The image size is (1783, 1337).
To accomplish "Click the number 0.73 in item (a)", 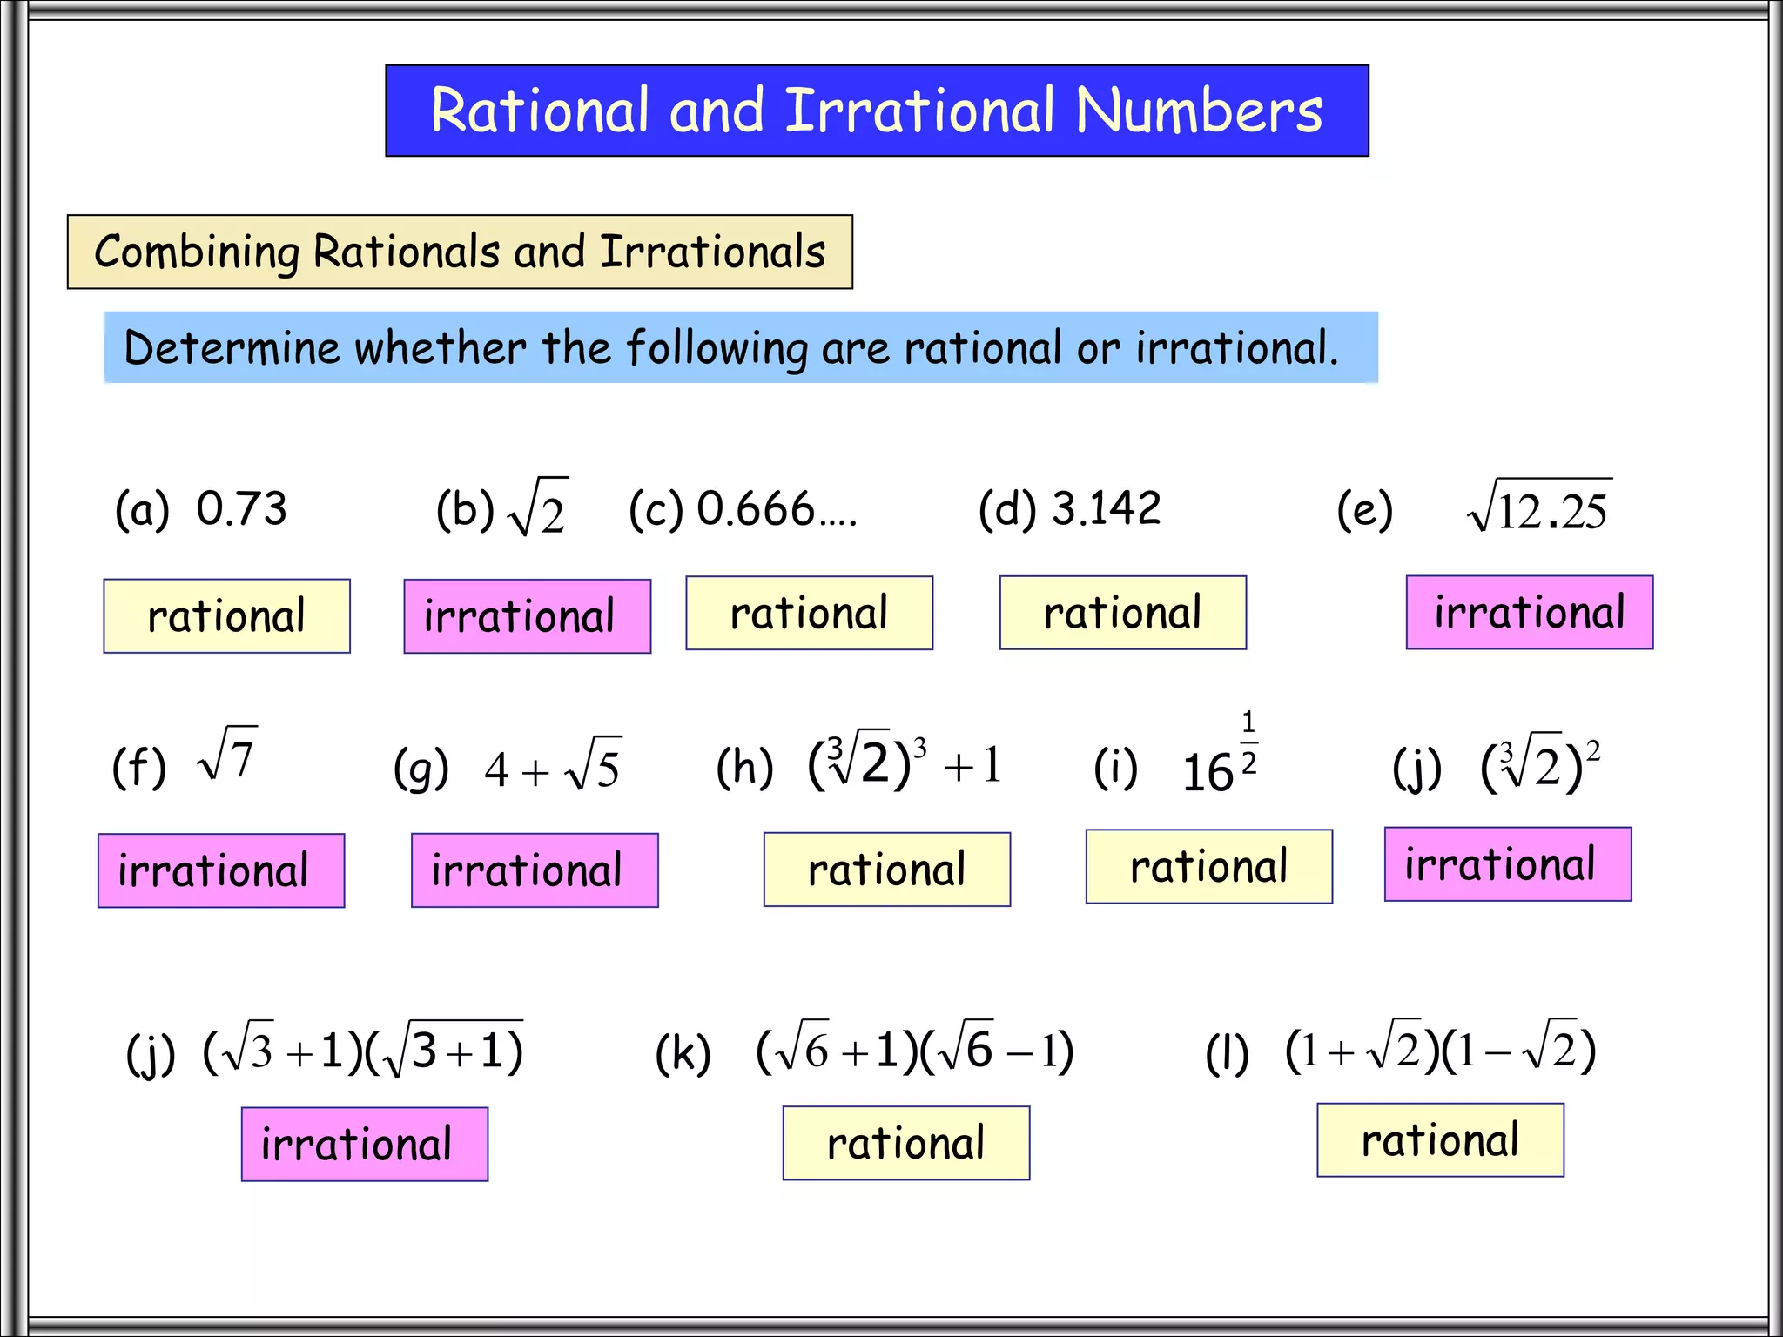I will (x=241, y=508).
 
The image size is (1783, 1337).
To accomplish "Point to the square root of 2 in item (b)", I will (x=538, y=507).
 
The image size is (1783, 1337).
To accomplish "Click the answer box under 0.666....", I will (x=809, y=613).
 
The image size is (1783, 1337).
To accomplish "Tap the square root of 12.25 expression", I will (x=1539, y=507).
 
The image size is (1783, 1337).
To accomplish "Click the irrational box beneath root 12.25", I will (x=1529, y=613).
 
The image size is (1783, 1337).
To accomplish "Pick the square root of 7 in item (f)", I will (x=228, y=755).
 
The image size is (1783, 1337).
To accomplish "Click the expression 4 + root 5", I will (x=553, y=767).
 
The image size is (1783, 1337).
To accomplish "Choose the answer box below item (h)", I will (x=886, y=870).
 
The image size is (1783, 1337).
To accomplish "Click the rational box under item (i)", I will (x=1208, y=867).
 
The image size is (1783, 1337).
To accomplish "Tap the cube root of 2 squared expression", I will (x=1540, y=763).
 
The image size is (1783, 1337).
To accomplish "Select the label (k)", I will (x=683, y=1053).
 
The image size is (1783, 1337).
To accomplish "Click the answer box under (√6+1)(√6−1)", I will (x=905, y=1143).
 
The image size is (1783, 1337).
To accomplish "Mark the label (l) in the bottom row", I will (x=1227, y=1053).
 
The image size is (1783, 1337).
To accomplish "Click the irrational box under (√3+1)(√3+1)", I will (x=364, y=1144).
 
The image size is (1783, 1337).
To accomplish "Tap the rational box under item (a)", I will (x=226, y=616).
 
